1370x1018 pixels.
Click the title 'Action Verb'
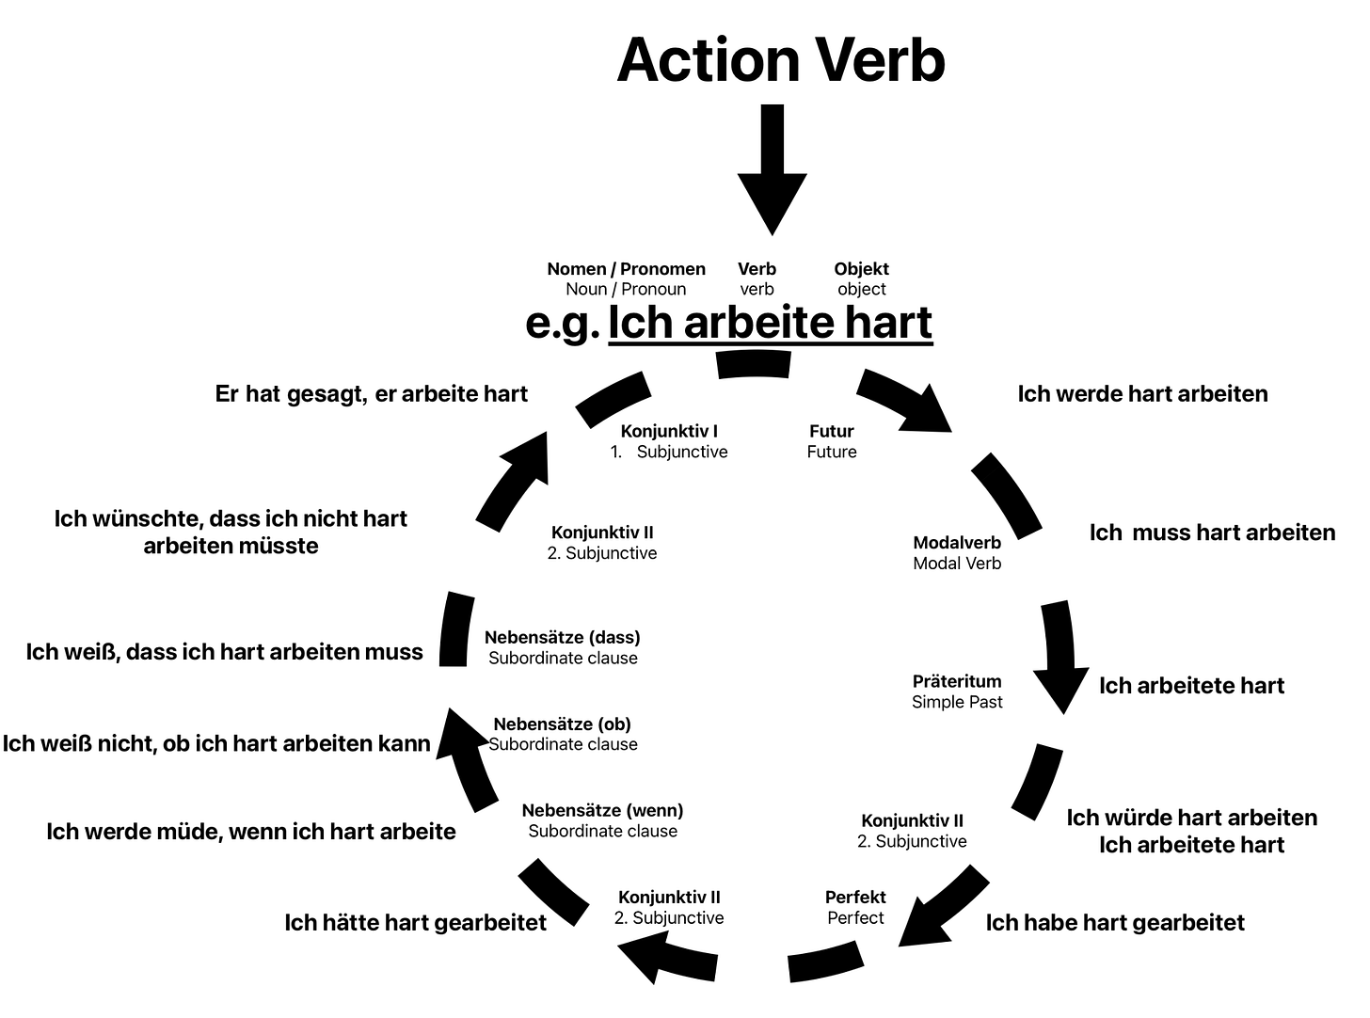pos(780,60)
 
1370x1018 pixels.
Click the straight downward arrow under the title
pos(772,169)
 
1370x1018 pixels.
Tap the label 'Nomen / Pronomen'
pos(626,269)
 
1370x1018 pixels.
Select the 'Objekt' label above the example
pos(861,269)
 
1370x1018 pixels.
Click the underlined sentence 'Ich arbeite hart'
pos(770,323)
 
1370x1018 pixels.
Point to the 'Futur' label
pos(832,432)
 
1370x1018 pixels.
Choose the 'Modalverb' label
pos(957,543)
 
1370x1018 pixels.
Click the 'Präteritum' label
pos(957,681)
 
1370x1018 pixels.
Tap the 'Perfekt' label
pos(855,898)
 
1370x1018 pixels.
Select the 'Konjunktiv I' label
pos(669,432)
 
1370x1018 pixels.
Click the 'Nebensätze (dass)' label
pos(562,638)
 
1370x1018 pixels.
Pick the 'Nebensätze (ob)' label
pos(562,724)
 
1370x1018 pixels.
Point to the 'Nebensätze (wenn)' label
pos(602,811)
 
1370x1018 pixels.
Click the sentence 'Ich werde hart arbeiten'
pos(1142,394)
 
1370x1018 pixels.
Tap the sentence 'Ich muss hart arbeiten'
pos(1212,533)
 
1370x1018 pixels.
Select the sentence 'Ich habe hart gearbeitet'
pos(1115,923)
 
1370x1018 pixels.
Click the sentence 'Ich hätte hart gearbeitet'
pos(415,923)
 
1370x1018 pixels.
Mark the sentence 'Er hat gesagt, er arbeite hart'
pos(371,394)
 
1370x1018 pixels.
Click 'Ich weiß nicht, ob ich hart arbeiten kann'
pos(216,744)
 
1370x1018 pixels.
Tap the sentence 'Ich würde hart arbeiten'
pos(1191,818)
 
